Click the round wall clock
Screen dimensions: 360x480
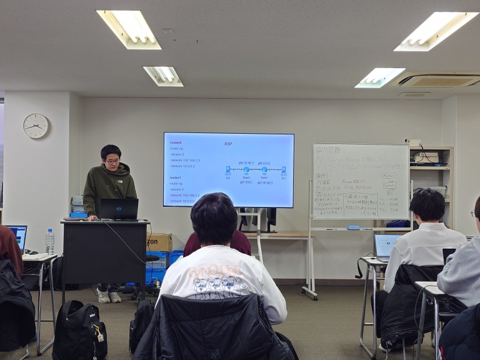(x=36, y=126)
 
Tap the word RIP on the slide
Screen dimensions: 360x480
(x=228, y=144)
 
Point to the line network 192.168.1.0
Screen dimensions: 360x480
(x=186, y=160)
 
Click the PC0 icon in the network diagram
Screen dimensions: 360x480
(x=228, y=169)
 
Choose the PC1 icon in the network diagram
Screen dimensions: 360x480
(x=283, y=169)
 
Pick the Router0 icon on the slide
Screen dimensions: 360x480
(x=246, y=169)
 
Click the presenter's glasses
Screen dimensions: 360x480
(x=112, y=161)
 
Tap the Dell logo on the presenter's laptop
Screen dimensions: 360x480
(x=119, y=209)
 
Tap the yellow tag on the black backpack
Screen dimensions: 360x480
(x=99, y=337)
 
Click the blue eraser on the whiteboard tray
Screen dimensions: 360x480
(x=353, y=227)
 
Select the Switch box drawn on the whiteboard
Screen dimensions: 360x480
(x=389, y=186)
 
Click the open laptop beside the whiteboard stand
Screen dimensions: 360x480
(x=386, y=246)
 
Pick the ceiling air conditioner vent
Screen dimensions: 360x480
(x=439, y=80)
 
